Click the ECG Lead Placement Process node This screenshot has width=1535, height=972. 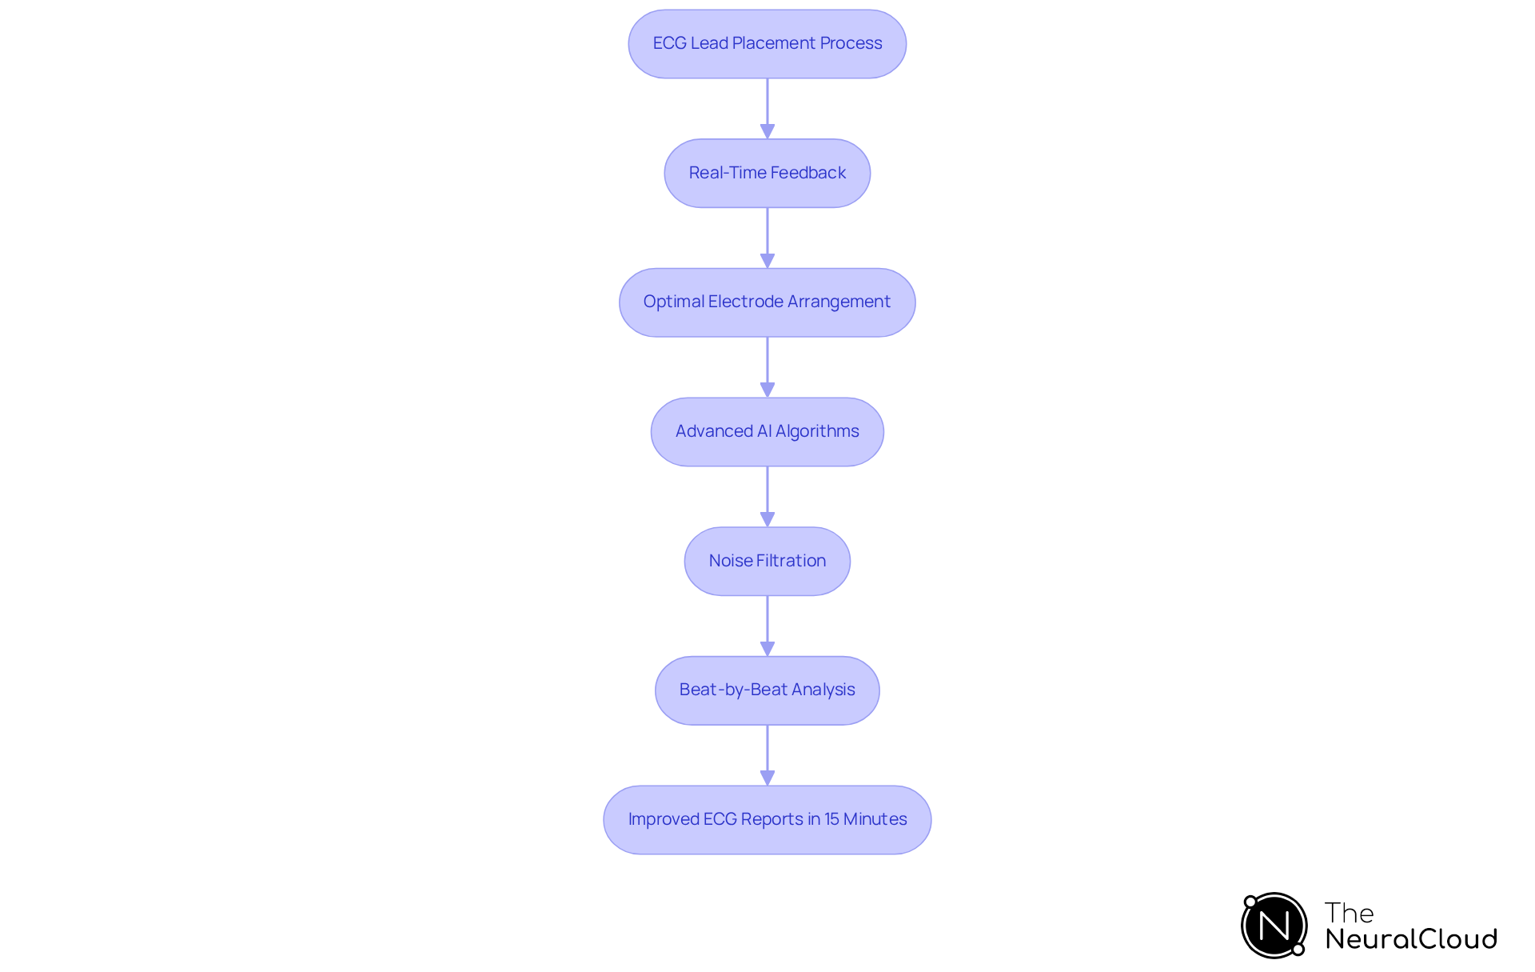[767, 44]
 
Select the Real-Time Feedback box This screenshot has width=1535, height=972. [767, 174]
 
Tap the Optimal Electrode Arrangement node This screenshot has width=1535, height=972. [767, 302]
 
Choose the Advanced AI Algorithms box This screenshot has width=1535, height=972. [767, 432]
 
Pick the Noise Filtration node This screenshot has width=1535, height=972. [767, 562]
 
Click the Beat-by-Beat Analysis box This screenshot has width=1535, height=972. [767, 690]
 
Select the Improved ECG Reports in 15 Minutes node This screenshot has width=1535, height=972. [767, 820]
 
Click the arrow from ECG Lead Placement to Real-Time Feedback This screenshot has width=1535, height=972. [767, 108]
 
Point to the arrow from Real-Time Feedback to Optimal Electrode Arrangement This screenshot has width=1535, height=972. [767, 238]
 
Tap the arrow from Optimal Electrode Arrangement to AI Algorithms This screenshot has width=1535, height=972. [767, 366]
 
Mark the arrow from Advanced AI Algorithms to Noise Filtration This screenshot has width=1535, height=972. [767, 496]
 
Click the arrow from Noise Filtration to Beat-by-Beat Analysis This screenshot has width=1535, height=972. [767, 626]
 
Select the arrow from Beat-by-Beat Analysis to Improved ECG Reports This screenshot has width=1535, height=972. [767, 754]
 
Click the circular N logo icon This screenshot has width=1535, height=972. [1274, 926]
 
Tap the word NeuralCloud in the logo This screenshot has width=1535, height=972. [1411, 939]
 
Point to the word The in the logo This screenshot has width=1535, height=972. [1349, 913]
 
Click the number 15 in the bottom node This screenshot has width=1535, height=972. [831, 819]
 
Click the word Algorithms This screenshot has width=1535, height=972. [817, 431]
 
